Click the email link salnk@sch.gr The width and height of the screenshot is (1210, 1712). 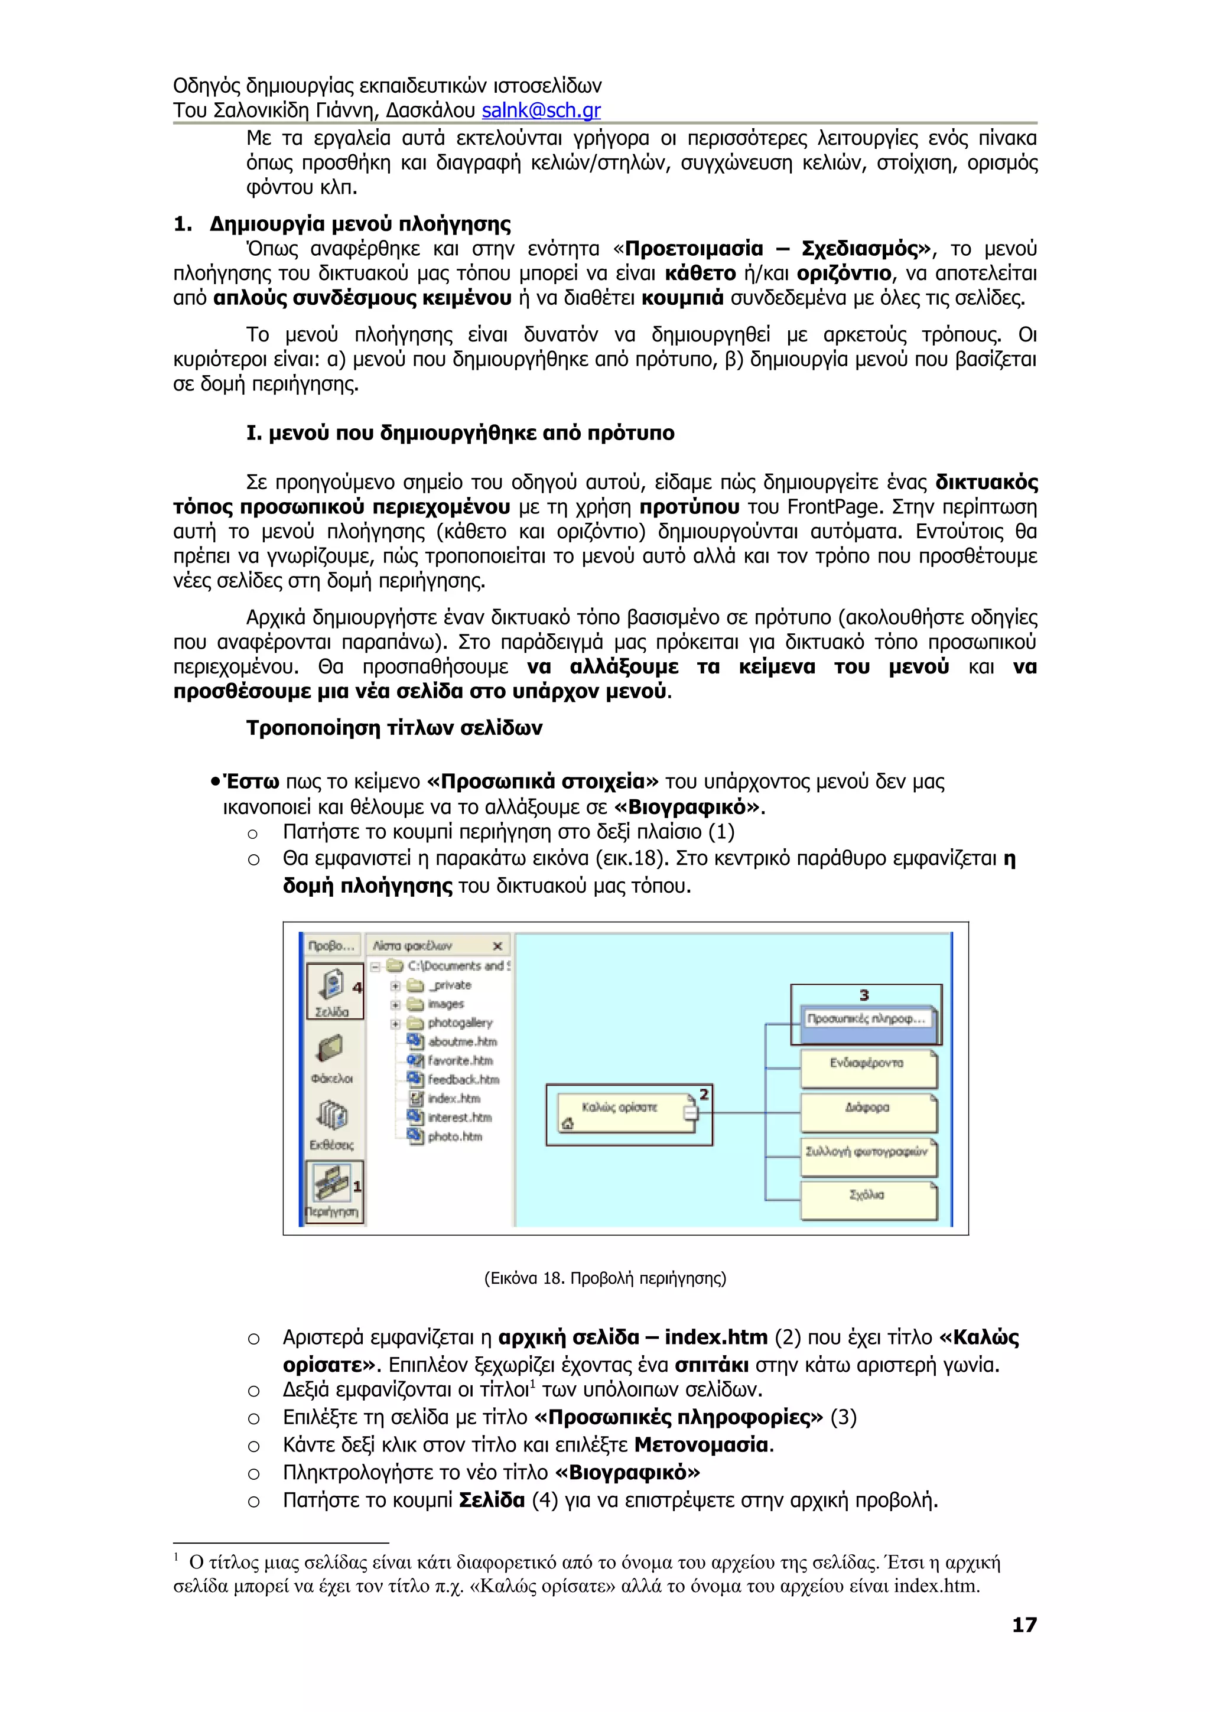point(541,110)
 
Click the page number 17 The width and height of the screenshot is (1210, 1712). point(1024,1625)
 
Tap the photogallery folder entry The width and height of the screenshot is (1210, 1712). point(459,1023)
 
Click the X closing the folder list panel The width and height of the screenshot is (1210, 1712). point(498,946)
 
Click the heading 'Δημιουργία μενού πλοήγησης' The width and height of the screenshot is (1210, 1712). point(359,224)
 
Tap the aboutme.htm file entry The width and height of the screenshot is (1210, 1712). point(461,1041)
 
